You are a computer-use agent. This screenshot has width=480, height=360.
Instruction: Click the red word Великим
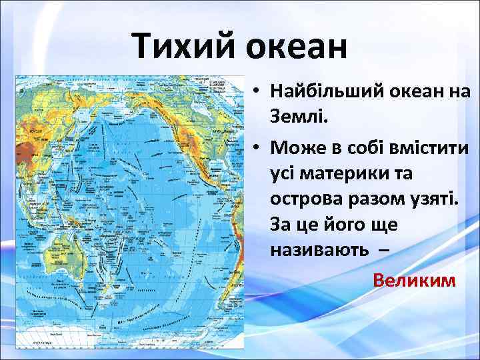(415, 279)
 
